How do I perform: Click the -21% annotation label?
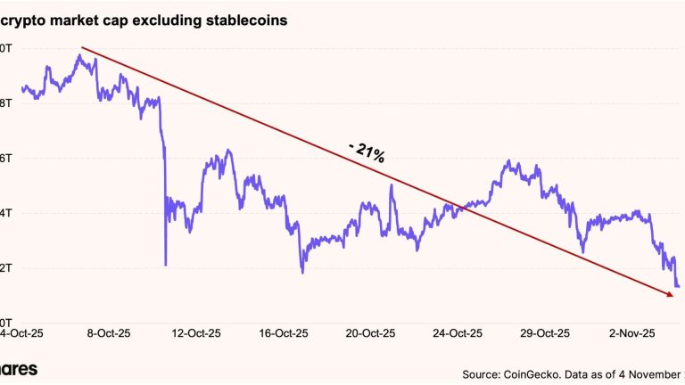click(x=365, y=152)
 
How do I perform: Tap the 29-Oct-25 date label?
click(x=544, y=332)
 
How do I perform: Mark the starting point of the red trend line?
click(x=81, y=47)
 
